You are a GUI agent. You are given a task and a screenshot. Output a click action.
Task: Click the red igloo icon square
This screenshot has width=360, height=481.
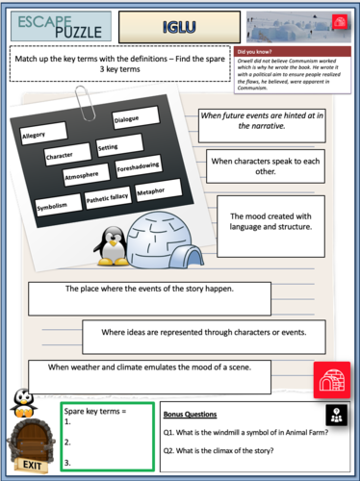point(331,381)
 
